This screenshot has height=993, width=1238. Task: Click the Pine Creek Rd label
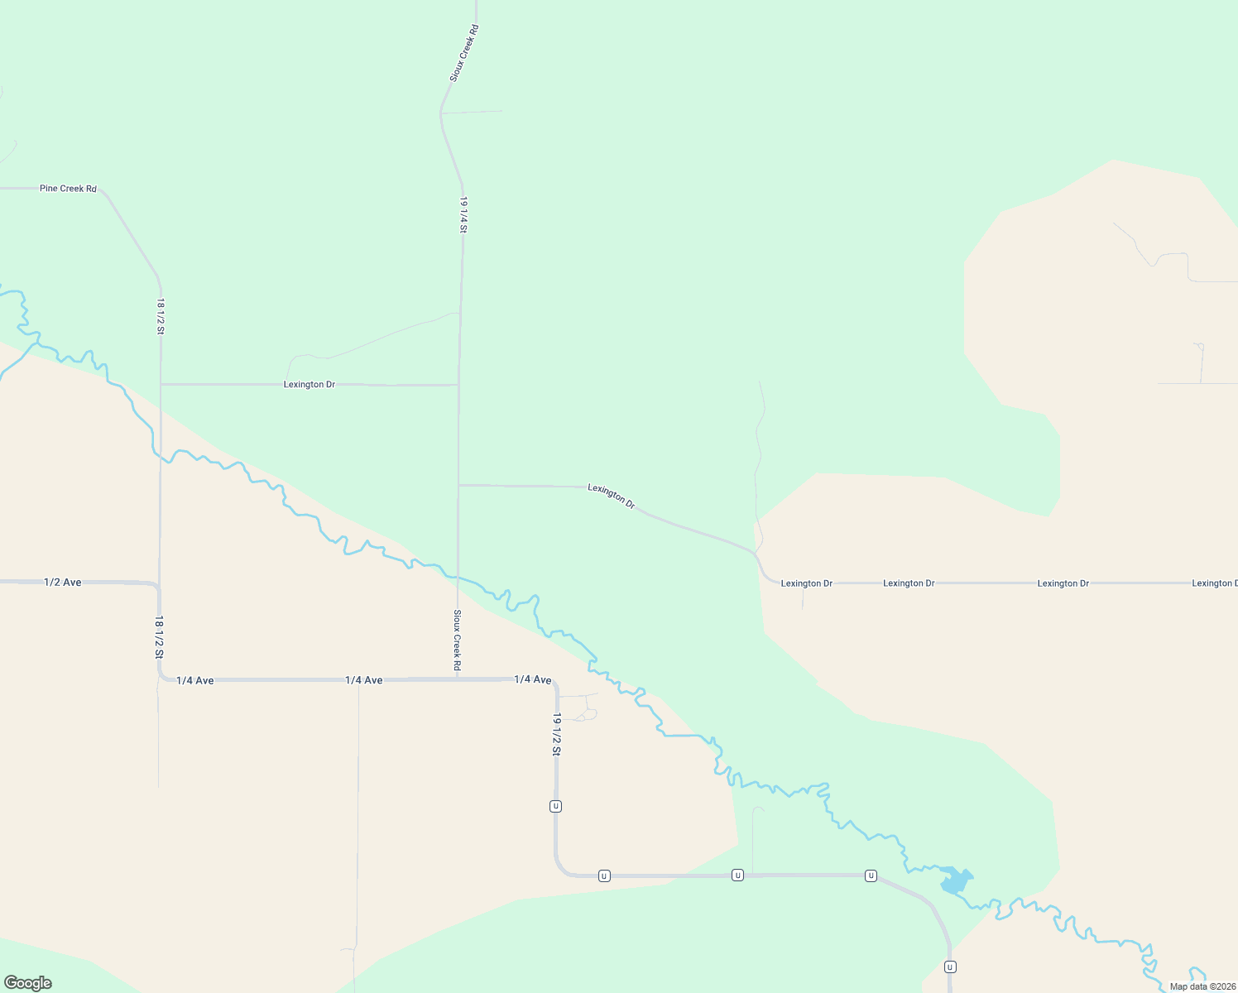pyautogui.click(x=68, y=189)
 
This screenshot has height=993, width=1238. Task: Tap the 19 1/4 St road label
pyautogui.click(x=464, y=214)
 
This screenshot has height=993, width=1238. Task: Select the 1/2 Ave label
pyautogui.click(x=63, y=583)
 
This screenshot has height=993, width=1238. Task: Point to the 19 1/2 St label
pyautogui.click(x=557, y=734)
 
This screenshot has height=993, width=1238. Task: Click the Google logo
pyautogui.click(x=28, y=983)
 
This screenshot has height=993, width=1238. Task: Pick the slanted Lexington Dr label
pyautogui.click(x=611, y=496)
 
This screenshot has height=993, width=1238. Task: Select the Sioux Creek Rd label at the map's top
pyautogui.click(x=464, y=53)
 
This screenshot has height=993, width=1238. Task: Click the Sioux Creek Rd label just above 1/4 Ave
pyautogui.click(x=457, y=640)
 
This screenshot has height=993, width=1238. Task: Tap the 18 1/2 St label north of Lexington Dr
pyautogui.click(x=161, y=316)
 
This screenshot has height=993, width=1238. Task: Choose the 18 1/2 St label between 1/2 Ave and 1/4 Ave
pyautogui.click(x=159, y=636)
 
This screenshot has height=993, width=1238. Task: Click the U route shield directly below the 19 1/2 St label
pyautogui.click(x=556, y=806)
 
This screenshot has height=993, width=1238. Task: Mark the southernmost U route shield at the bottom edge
pyautogui.click(x=950, y=967)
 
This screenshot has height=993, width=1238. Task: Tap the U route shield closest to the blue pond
pyautogui.click(x=871, y=875)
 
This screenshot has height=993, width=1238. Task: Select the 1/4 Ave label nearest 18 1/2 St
pyautogui.click(x=194, y=680)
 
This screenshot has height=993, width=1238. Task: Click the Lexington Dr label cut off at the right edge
pyautogui.click(x=1214, y=583)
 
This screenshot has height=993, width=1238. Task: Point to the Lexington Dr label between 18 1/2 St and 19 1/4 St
pyautogui.click(x=309, y=385)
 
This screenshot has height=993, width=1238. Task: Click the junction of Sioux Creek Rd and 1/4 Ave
pyautogui.click(x=458, y=679)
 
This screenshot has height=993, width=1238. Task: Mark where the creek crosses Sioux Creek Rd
pyautogui.click(x=458, y=577)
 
